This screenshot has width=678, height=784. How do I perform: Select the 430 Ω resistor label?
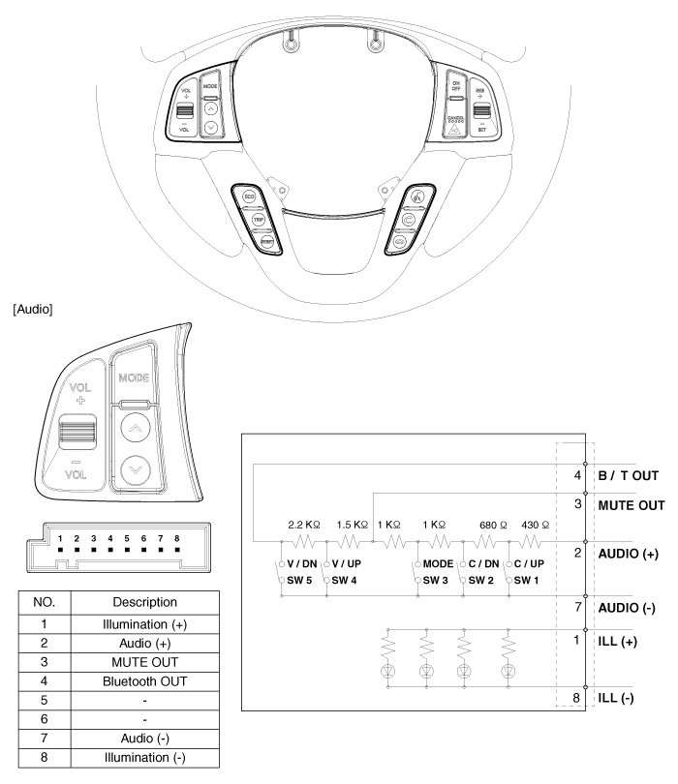point(535,523)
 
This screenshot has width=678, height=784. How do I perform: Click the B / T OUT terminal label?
point(628,475)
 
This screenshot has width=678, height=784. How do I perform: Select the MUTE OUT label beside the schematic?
point(632,504)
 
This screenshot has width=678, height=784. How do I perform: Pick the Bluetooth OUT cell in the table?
point(142,680)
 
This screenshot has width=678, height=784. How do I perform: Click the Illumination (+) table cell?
point(142,624)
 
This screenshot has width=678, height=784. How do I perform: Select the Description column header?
point(142,601)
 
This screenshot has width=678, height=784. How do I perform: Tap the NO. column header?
point(45,601)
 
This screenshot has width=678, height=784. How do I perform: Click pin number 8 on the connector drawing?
point(176,536)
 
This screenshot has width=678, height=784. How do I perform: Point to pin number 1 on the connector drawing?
point(60,536)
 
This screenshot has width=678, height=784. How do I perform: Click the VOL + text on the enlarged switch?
point(78,392)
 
